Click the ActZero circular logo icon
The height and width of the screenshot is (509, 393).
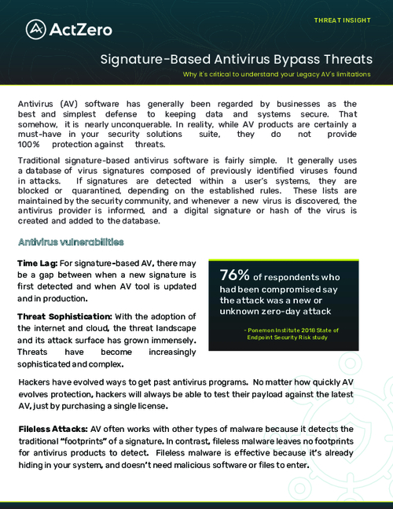pos(35,29)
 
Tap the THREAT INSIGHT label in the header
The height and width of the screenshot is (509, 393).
pos(342,20)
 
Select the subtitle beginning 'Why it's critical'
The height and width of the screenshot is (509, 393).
pos(277,75)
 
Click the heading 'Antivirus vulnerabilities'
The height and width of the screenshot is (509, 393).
pos(71,242)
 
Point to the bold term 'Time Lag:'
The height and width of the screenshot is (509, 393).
pos(37,262)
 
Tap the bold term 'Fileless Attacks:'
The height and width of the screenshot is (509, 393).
pos(53,430)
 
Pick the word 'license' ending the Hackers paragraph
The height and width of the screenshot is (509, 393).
pos(149,406)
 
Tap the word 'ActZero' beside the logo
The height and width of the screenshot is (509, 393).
pos(81,30)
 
